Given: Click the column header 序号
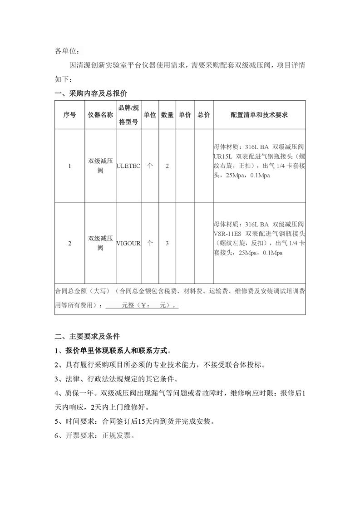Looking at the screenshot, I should [69, 115].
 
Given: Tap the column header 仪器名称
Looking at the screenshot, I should [100, 115].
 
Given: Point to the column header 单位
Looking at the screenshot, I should [150, 115].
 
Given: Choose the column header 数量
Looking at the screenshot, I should [167, 115].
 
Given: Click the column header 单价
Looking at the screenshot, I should [185, 115].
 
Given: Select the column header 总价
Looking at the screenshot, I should [204, 115].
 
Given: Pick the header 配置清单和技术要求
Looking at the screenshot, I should [259, 115].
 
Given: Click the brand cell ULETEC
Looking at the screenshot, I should [128, 166].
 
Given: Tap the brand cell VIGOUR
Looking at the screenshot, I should [128, 243].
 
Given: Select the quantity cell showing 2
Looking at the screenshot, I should [167, 166].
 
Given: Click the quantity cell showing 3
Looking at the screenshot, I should [167, 243].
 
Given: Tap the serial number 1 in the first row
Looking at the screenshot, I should [69, 166].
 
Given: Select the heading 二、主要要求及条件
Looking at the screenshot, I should [87, 337].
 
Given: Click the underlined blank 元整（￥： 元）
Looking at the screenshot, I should [142, 306].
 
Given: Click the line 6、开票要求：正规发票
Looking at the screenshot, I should [95, 435].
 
